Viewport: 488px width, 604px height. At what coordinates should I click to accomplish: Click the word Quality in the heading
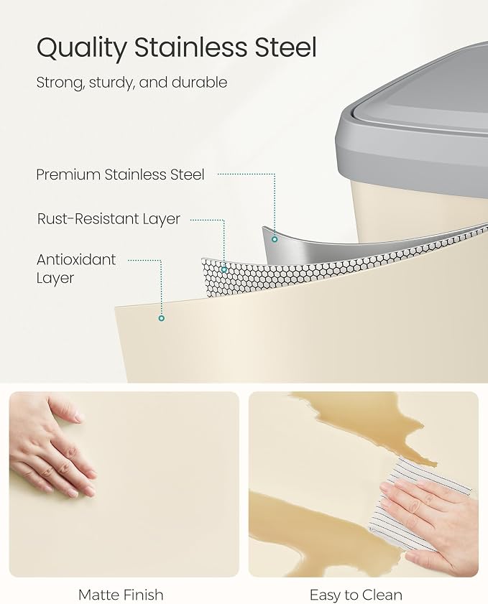click(81, 49)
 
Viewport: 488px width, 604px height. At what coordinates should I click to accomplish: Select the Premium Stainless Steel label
click(120, 175)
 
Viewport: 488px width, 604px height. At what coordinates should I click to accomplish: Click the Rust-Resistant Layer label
click(109, 219)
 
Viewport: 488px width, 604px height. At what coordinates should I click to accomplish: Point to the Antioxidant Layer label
click(76, 269)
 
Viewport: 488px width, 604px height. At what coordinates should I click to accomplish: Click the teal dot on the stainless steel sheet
click(275, 239)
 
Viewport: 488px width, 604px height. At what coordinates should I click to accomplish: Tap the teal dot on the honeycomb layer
click(224, 269)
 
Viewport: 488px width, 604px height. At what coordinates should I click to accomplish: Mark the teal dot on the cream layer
click(162, 318)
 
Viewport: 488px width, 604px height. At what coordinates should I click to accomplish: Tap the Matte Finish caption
click(121, 595)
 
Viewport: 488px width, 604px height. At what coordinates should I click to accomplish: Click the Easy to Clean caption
click(356, 595)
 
